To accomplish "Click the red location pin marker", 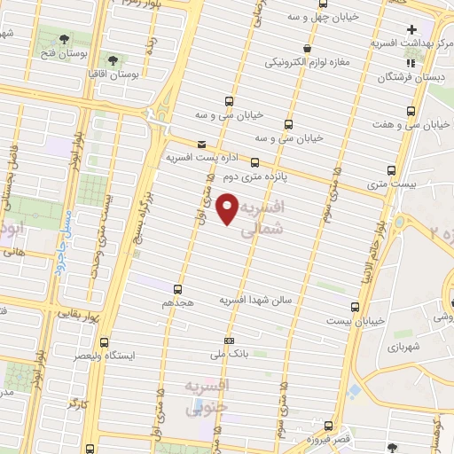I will [x=228, y=209].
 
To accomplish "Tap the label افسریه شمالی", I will [x=262, y=215].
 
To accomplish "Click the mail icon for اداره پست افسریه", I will [x=201, y=145].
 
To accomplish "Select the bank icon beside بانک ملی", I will [x=230, y=340].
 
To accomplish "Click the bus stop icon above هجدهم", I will [x=178, y=289].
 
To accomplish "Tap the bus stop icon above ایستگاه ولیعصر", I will [x=106, y=342].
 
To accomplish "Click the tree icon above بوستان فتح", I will [x=66, y=40].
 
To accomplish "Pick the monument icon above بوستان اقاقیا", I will [x=114, y=59].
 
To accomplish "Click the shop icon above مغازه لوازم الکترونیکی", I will [x=307, y=49].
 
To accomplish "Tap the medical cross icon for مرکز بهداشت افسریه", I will [x=411, y=29].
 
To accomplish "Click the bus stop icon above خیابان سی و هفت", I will [x=411, y=111].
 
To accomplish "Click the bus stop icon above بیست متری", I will [x=391, y=171].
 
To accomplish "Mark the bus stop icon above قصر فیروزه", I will [x=329, y=426].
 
